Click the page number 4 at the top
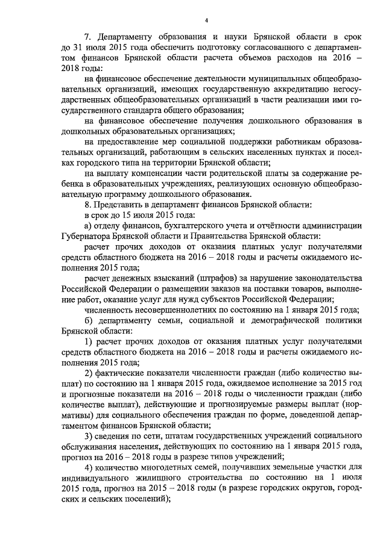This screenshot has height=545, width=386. (x=206, y=20)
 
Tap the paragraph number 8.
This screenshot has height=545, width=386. (x=86, y=204)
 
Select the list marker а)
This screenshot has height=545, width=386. (x=88, y=225)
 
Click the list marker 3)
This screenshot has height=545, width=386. (x=88, y=435)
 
